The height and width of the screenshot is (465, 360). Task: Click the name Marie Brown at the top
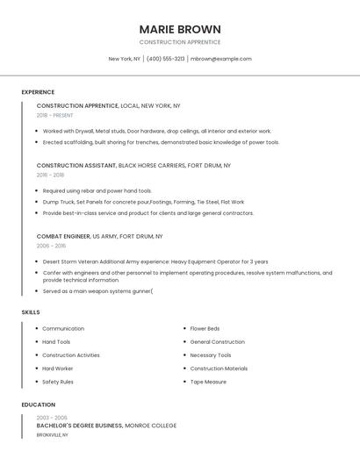point(180,29)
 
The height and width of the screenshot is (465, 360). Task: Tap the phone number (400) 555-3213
point(166,59)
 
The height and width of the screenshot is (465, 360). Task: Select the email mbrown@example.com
point(221,59)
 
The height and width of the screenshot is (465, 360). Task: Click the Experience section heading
point(38,92)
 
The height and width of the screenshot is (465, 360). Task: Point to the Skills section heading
point(31,312)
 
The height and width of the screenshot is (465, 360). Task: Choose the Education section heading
point(39,404)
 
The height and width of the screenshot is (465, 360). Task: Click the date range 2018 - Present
point(55,115)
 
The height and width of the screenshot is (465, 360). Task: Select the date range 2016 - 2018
point(50,175)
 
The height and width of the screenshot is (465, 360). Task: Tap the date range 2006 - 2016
point(50,246)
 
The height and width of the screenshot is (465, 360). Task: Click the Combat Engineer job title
point(63,236)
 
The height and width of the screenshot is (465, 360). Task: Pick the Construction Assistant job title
point(76,165)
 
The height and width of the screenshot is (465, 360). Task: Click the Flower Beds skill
point(205,329)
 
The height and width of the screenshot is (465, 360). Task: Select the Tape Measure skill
point(208,382)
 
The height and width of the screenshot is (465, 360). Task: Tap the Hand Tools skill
point(56,342)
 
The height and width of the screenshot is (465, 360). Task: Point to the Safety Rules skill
point(58,382)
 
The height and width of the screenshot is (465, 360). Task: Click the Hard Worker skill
point(58,368)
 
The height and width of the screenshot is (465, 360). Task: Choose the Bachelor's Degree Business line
point(79,426)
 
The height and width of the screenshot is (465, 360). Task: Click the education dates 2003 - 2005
point(52,418)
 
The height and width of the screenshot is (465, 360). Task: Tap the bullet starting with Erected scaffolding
point(161,142)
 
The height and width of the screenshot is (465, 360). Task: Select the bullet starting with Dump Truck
point(143,202)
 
